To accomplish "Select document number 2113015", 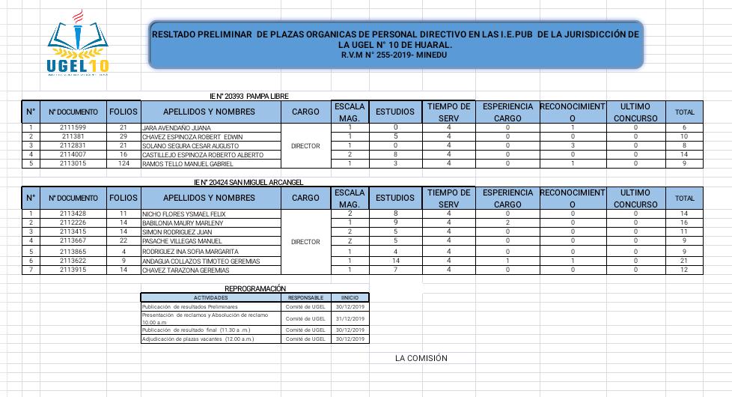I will (73, 163).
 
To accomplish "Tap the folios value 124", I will (123, 163).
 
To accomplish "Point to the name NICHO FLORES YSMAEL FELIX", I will (184, 214).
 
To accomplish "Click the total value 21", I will (683, 261).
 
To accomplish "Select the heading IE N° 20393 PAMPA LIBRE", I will (248, 96).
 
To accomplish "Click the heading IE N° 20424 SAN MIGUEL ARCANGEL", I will (248, 182).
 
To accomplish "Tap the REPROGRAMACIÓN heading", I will (255, 288).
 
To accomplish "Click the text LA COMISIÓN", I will (421, 358).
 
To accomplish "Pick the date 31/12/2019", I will (349, 318).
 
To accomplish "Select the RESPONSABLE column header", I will (305, 297).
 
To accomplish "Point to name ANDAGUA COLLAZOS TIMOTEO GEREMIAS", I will (201, 261).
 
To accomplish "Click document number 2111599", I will (73, 128).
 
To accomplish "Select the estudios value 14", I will (395, 261).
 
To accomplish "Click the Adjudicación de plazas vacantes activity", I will (198, 339).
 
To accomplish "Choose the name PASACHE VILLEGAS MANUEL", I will (182, 241).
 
